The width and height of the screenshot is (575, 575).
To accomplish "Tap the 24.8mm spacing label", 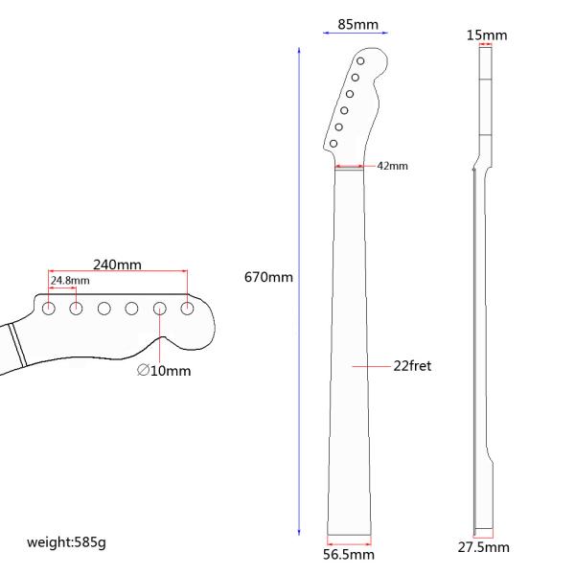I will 69,281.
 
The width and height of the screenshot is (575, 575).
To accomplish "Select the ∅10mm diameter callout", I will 164,370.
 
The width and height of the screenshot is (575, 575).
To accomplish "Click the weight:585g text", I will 66,542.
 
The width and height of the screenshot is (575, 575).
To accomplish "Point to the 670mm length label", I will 268,277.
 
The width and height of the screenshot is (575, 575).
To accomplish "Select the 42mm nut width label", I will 392,166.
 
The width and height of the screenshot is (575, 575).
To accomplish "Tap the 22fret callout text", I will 412,366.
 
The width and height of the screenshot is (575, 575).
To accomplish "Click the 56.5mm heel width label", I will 350,554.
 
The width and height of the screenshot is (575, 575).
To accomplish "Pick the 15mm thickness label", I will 487,35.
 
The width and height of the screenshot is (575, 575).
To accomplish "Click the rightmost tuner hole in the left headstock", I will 188,308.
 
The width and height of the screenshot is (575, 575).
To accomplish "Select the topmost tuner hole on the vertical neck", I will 361,60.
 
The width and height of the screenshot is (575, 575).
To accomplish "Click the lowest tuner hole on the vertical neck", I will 333,144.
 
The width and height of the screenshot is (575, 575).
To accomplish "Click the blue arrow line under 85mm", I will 356,32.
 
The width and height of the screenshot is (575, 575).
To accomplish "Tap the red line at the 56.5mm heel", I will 350,538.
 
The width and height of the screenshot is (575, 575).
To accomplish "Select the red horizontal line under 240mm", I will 118,272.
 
